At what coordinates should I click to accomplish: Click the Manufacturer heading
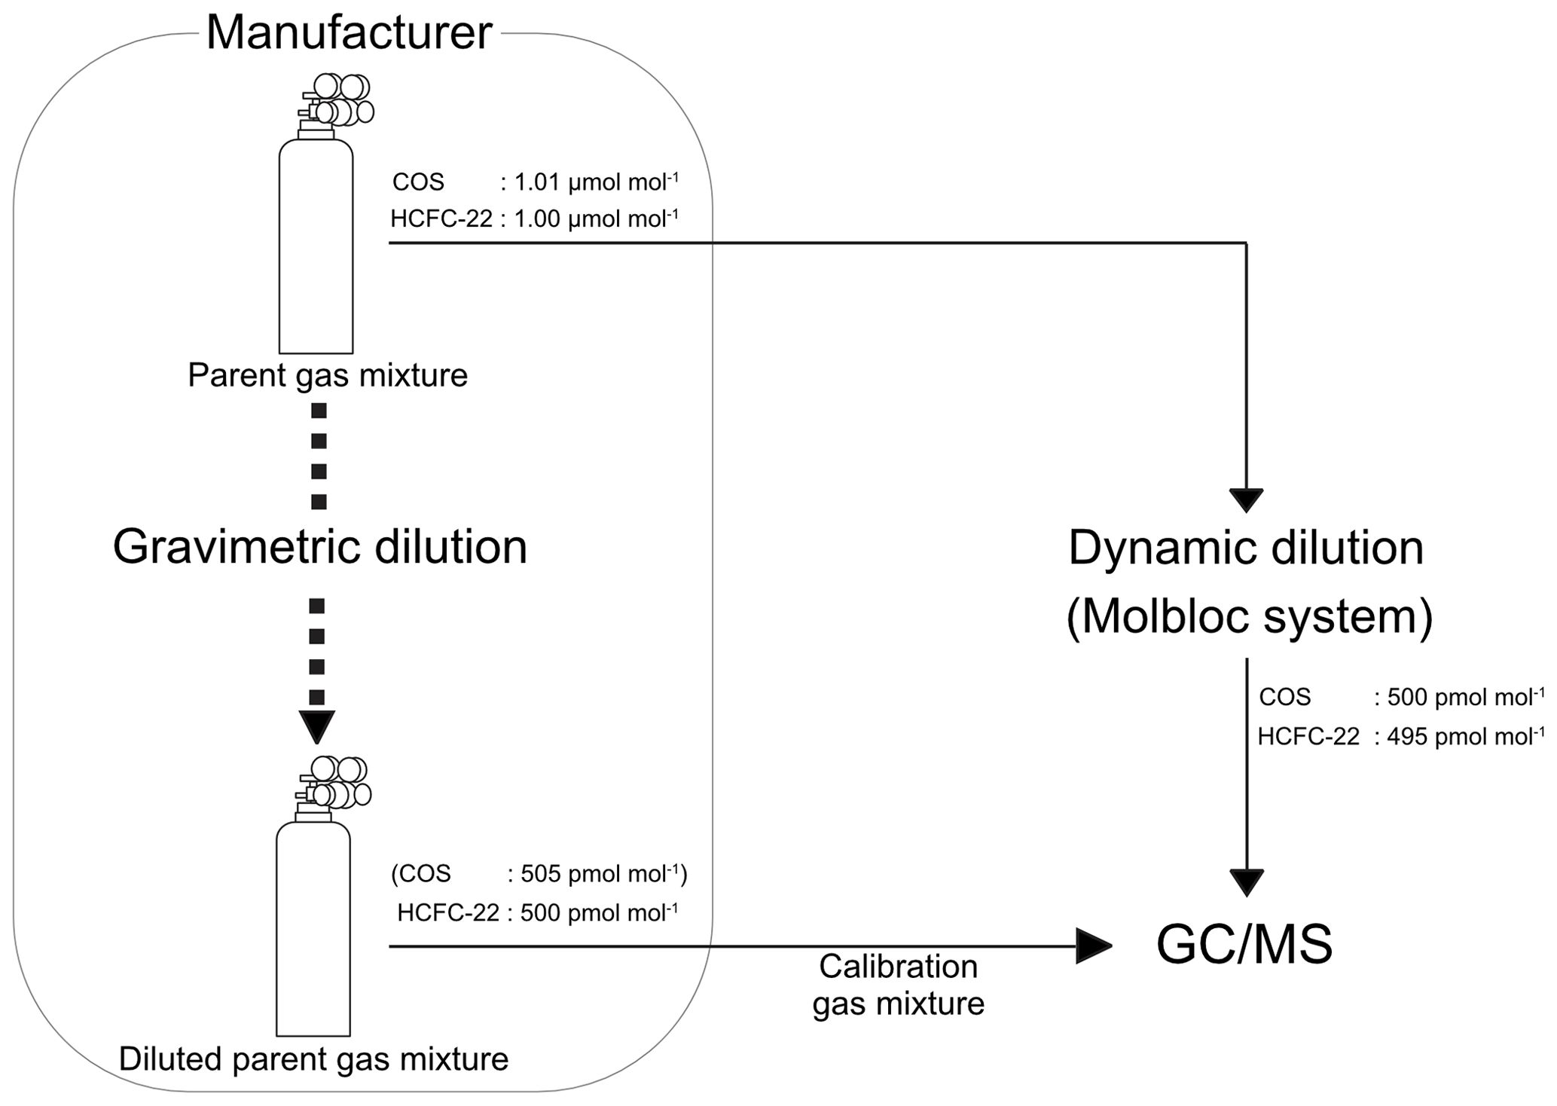coord(349,33)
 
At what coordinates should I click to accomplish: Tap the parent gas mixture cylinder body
coord(316,249)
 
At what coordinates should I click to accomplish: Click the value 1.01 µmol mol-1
coord(596,182)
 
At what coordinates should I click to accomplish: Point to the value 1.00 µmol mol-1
coord(596,218)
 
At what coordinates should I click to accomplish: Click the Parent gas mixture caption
coord(328,375)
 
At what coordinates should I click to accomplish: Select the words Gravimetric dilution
coord(319,547)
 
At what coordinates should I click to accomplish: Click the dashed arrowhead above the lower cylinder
coord(317,726)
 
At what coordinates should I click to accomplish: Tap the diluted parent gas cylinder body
coord(313,930)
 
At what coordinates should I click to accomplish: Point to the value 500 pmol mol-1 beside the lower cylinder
coord(599,913)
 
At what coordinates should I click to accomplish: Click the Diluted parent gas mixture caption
coord(313,1059)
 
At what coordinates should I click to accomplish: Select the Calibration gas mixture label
coord(898,985)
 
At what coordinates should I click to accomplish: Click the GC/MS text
coord(1244,945)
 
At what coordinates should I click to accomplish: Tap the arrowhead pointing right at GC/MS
coord(1092,946)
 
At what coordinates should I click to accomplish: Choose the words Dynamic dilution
coord(1246,548)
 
